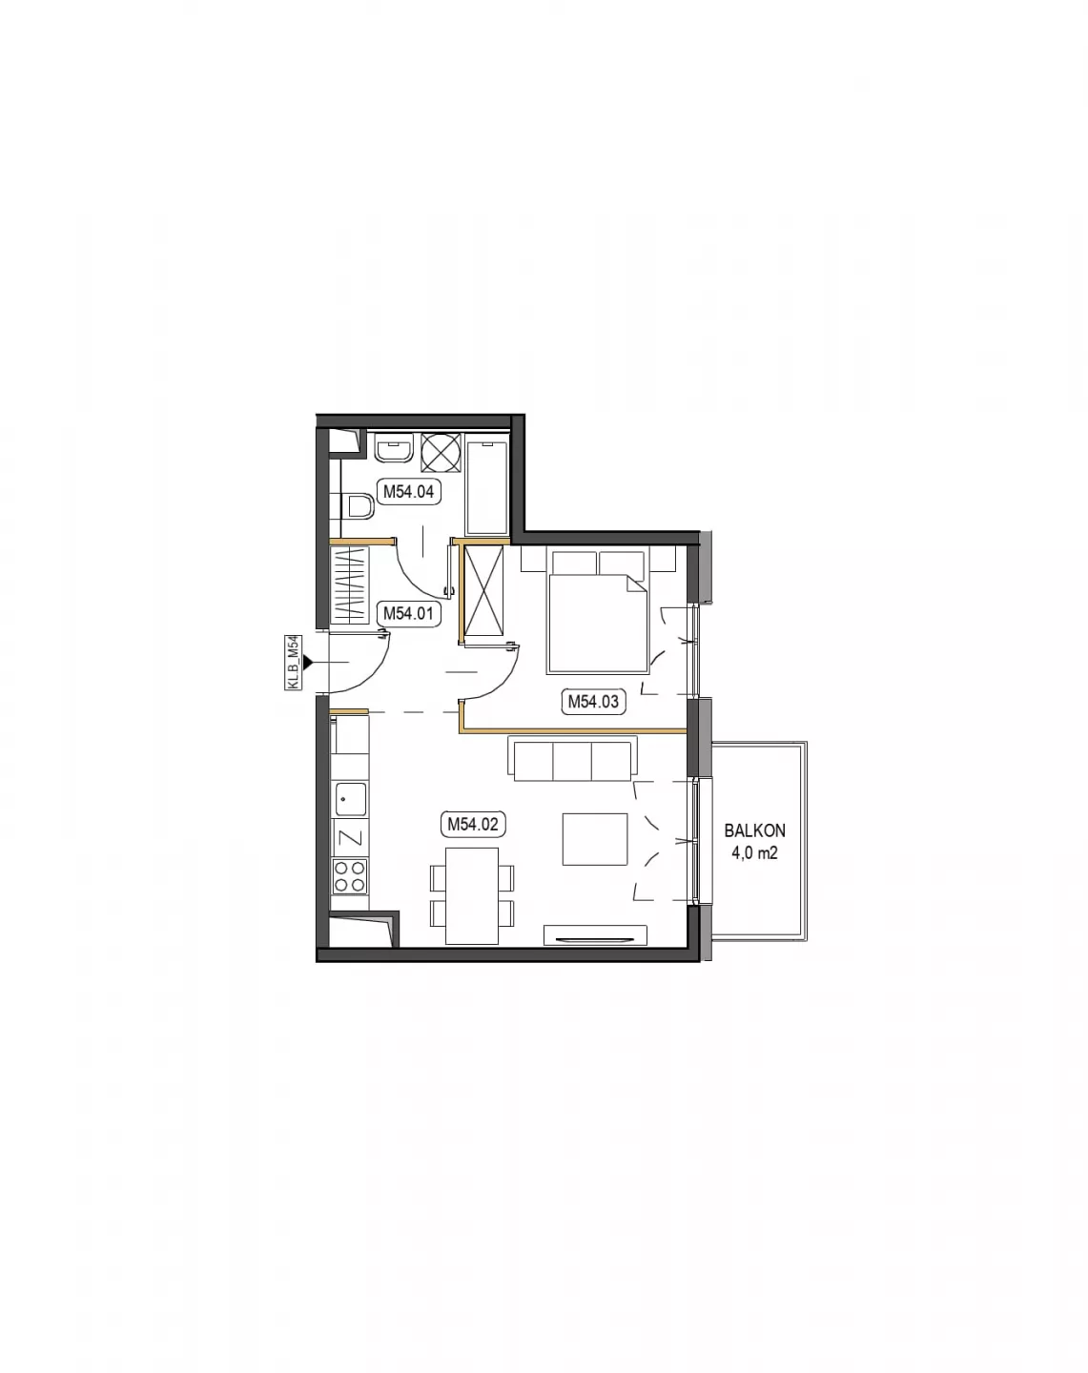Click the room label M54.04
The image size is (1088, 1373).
coord(408,491)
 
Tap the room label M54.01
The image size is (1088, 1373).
coord(408,613)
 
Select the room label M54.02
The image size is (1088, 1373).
coord(472,824)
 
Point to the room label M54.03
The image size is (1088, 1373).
coord(593,701)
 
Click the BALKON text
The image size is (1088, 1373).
coord(754,830)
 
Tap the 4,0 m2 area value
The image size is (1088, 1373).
coord(754,852)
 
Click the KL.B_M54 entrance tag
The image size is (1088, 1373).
coord(294,663)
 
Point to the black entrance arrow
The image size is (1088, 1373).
coord(308,663)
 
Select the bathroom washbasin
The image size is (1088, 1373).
coord(395,447)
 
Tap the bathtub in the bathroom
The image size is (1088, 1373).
coord(487,486)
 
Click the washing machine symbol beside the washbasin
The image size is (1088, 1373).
coord(441,452)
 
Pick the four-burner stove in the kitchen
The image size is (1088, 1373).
coord(350,876)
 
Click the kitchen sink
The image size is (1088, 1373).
coord(350,799)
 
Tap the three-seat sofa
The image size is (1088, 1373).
coord(573,759)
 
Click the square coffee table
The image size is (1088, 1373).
coord(595,839)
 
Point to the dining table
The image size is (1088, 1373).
coord(472,895)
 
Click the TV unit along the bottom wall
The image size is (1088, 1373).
coord(595,935)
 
